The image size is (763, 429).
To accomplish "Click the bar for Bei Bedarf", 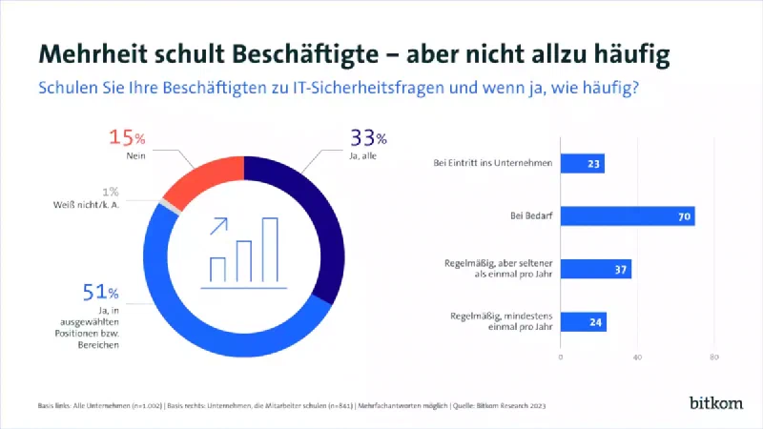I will pos(627,216).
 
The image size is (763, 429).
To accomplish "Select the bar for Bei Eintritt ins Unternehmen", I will pos(582,164).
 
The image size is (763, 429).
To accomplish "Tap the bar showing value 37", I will pos(595,270).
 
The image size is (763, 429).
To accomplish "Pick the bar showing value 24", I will pos(583,322).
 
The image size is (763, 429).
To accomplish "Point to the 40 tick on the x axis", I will pos(636,357).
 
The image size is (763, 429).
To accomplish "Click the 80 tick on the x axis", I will pos(713,357).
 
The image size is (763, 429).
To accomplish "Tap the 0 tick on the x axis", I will pos(560,357).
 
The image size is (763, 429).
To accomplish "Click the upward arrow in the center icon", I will pos(219,227).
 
